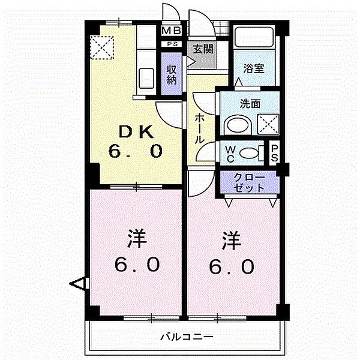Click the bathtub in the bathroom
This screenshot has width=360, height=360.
click(253, 38)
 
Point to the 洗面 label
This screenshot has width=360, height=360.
click(251, 103)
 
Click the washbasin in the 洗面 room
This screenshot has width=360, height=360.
click(235, 125)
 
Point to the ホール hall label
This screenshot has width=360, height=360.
click(199, 128)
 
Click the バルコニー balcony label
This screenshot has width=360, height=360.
click(186, 337)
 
